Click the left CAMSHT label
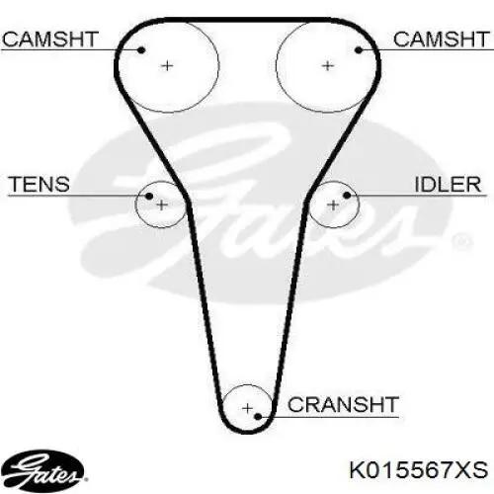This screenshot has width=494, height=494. [x=50, y=40]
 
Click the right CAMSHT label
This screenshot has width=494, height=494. [x=442, y=40]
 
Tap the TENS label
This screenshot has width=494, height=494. [x=40, y=184]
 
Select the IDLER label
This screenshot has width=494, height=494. [x=448, y=184]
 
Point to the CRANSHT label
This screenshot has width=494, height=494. [x=343, y=404]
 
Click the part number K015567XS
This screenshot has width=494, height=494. [x=419, y=470]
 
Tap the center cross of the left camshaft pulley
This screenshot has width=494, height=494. [x=167, y=66]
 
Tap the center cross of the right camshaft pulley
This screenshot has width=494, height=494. [x=327, y=66]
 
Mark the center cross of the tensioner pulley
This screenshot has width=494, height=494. [x=161, y=206]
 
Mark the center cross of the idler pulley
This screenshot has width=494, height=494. [x=333, y=206]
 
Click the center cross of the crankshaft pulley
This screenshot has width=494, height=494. [x=247, y=409]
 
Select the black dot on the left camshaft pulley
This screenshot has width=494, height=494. [x=141, y=50]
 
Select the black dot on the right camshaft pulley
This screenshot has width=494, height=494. [x=359, y=50]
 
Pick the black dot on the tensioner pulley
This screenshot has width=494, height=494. [x=149, y=197]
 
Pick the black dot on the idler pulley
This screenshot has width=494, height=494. [x=347, y=196]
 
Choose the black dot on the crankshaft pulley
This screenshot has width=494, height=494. [x=258, y=417]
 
